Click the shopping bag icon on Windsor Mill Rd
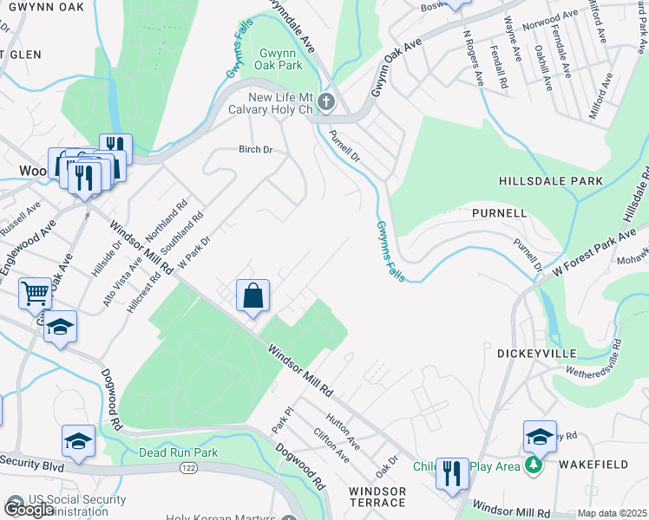coord(252,296)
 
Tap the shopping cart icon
coord(35,293)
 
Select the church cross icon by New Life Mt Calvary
coord(326,103)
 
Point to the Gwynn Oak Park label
coord(279,59)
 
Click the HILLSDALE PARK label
coord(550,181)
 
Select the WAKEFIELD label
coord(593,465)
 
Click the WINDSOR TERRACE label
coord(377,497)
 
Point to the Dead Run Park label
coord(178,452)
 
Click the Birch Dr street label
coord(256,150)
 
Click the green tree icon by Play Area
coord(534,466)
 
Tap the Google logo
coord(29,509)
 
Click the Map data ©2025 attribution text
coord(612,513)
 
